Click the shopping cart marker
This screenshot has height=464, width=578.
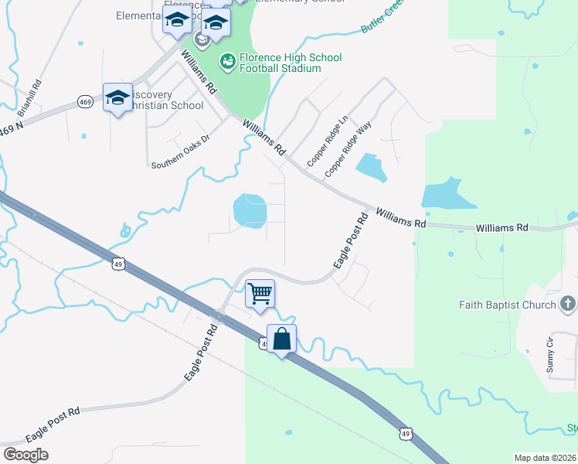[x=260, y=293]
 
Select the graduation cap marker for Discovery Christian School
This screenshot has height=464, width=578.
[x=117, y=97]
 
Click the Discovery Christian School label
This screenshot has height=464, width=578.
[x=155, y=100]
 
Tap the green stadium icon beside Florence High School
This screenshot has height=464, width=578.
[x=228, y=59]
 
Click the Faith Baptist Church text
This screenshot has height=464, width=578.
[x=506, y=305]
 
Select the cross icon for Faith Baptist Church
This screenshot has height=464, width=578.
[x=568, y=303]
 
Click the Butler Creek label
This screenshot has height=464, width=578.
[x=381, y=19]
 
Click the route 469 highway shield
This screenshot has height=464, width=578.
[x=85, y=101]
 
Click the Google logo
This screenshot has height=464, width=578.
[x=25, y=454]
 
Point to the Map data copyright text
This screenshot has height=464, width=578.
[x=546, y=458]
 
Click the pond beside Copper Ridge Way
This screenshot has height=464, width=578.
[x=371, y=167]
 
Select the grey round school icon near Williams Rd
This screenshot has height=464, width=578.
[x=202, y=39]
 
